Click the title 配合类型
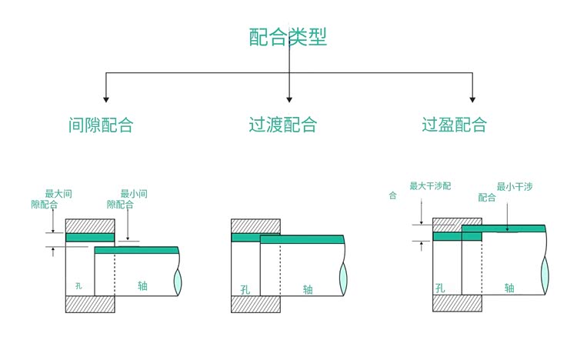coord(288,37)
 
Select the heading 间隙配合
coord(100,125)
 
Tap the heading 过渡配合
coord(282,125)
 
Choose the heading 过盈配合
coord(454,125)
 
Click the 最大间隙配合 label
coord(52,198)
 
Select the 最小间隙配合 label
coord(128,198)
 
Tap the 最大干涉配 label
coord(430,186)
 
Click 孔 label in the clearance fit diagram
coord(78,286)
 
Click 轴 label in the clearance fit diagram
coord(142,286)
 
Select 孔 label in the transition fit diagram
coord(245,289)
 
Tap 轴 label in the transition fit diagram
coord(308,289)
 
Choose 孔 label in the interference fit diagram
coord(440,288)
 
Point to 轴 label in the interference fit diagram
coord(509,288)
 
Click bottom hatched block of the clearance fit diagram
coord(90,304)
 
